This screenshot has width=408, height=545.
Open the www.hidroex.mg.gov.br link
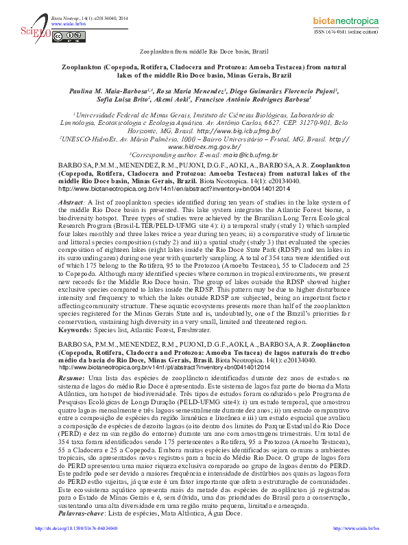[x=204, y=147]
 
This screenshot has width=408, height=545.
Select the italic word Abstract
[x=71, y=205]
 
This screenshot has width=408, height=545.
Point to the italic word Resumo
[x=71, y=378]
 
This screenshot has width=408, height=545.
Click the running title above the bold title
[x=204, y=51]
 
